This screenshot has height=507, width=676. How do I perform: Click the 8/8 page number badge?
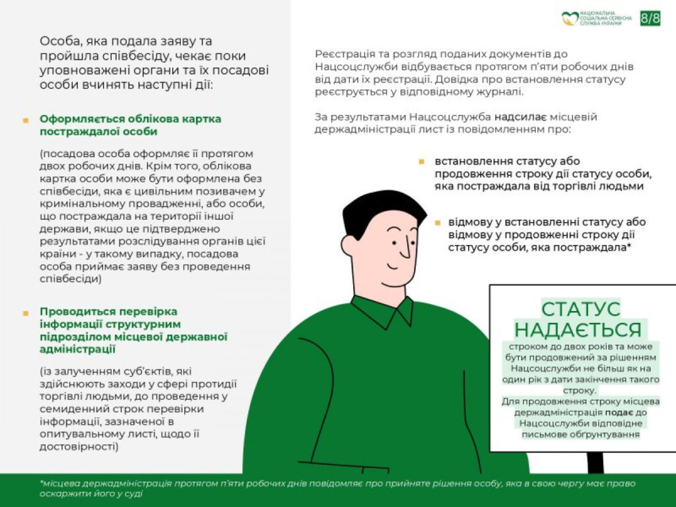pyautogui.click(x=650, y=18)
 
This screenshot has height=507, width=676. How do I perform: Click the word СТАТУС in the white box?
pyautogui.click(x=581, y=308)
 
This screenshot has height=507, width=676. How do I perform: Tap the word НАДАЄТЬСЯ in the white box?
pyautogui.click(x=578, y=329)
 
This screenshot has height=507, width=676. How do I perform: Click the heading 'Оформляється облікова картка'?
pyautogui.click(x=130, y=119)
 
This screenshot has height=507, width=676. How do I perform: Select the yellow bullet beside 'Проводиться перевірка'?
pyautogui.click(x=26, y=313)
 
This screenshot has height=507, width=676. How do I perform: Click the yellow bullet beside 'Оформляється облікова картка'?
pyautogui.click(x=26, y=121)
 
